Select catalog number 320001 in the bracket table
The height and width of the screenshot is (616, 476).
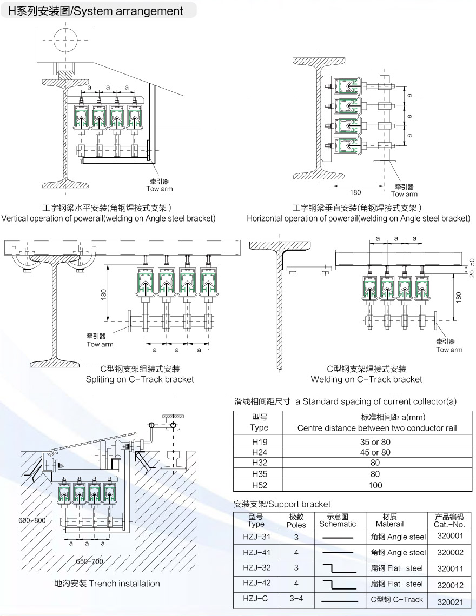pyautogui.click(x=450, y=537)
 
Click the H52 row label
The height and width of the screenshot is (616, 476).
pyautogui.click(x=259, y=485)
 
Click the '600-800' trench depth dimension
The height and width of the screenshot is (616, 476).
pyautogui.click(x=32, y=520)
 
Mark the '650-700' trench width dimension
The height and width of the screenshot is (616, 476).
pyautogui.click(x=89, y=561)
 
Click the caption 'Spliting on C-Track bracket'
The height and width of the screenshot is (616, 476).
pyautogui.click(x=140, y=379)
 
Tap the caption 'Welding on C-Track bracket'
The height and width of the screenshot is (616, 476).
pyautogui.click(x=366, y=379)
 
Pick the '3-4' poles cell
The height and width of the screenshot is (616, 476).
pyautogui.click(x=296, y=599)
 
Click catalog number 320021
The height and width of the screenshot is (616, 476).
pyautogui.click(x=450, y=600)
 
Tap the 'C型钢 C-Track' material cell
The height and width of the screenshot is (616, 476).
pyautogui.click(x=396, y=599)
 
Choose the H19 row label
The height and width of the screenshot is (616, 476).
pyautogui.click(x=259, y=441)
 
